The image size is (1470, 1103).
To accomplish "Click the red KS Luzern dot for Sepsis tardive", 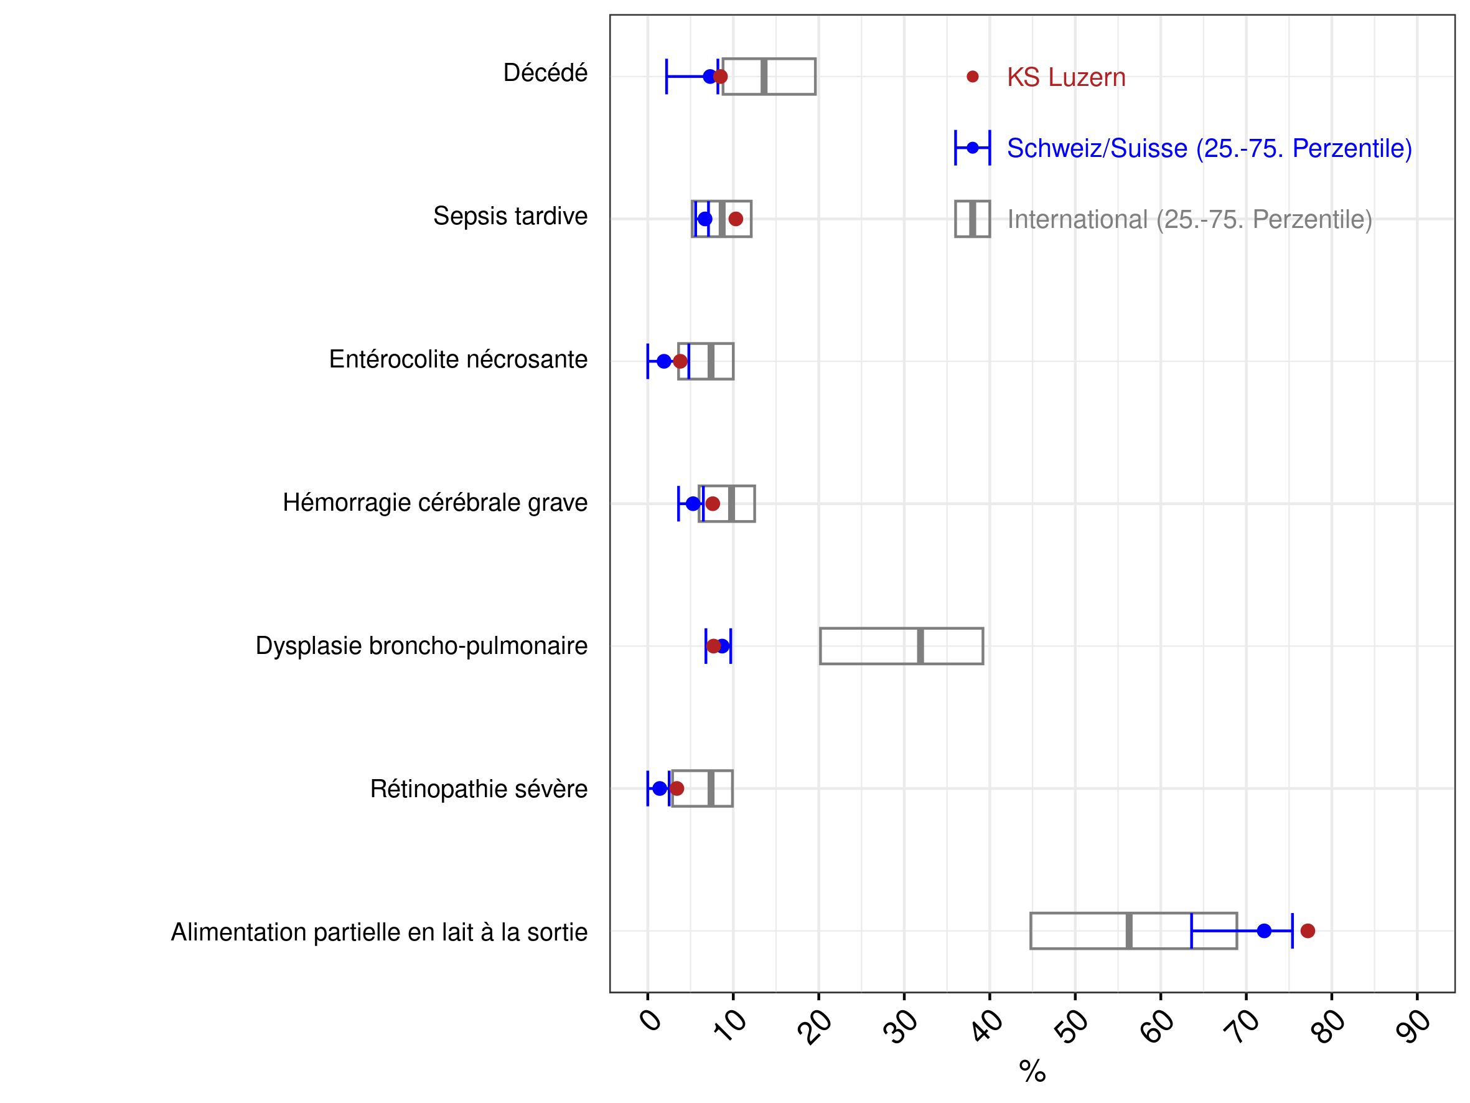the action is point(736,219).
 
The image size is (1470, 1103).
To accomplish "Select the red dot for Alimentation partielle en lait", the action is point(1308,931).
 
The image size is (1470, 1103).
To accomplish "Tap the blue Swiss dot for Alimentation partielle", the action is point(1264,931).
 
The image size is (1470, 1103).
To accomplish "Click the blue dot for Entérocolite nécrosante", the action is point(664,361).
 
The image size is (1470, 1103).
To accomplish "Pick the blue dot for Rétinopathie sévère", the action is point(659,788).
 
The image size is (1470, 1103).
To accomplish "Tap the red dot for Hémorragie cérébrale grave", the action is point(713,503).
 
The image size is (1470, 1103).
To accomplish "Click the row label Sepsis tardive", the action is point(510,216).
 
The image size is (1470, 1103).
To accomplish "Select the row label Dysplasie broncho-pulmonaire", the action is point(421,646).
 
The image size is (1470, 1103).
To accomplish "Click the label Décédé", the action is point(545,72).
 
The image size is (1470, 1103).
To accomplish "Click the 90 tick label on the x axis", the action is point(1413,1026).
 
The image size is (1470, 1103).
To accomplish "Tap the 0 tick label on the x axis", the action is point(650,1019).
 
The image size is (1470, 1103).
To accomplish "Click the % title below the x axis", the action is point(1032,1071).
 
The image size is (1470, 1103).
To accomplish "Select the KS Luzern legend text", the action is point(1066,77).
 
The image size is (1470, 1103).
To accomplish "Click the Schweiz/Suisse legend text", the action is point(1209,148).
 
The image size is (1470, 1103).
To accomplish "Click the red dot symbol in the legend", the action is point(972,77).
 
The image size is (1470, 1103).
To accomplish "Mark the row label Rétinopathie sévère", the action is point(479,788).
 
